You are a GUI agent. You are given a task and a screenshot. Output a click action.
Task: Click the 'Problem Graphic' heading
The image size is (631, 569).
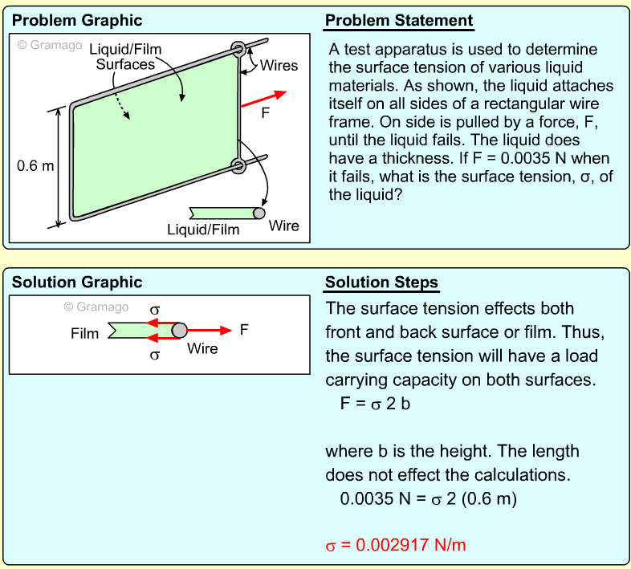pyautogui.click(x=77, y=20)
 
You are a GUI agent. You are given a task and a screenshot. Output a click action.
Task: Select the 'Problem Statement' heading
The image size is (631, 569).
pyautogui.click(x=399, y=20)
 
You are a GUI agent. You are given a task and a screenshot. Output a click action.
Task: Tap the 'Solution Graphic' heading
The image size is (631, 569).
pyautogui.click(x=77, y=282)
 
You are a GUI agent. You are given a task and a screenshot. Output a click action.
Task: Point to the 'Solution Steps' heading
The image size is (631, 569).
pyautogui.click(x=381, y=282)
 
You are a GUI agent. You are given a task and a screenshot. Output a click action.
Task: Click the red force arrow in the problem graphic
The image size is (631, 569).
pyautogui.click(x=263, y=99)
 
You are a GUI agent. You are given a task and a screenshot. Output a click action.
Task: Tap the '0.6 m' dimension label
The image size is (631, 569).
pyautogui.click(x=36, y=166)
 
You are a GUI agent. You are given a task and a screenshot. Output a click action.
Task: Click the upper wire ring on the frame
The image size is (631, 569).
pyautogui.click(x=239, y=50)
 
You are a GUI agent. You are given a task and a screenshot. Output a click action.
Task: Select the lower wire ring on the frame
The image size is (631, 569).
pyautogui.click(x=238, y=165)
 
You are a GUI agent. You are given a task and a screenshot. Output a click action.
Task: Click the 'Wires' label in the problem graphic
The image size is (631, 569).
pyautogui.click(x=279, y=66)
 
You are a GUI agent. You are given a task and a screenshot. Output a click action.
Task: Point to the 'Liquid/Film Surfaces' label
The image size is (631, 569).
pyautogui.click(x=125, y=57)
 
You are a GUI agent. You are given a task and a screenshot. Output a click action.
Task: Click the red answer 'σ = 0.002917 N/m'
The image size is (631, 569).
pyautogui.click(x=395, y=545)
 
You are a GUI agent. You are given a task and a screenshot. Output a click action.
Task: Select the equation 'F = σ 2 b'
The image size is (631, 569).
pyautogui.click(x=375, y=404)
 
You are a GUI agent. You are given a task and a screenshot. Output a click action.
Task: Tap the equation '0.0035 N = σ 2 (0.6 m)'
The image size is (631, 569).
pyautogui.click(x=428, y=498)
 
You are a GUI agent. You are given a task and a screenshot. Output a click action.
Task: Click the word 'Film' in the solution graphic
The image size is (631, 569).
pyautogui.click(x=84, y=333)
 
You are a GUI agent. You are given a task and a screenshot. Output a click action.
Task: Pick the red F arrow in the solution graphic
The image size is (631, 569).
pyautogui.click(x=210, y=329)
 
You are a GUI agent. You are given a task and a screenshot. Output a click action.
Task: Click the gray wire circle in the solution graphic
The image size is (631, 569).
pyautogui.click(x=180, y=330)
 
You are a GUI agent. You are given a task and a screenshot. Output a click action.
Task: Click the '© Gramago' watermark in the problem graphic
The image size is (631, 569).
pyautogui.click(x=50, y=45)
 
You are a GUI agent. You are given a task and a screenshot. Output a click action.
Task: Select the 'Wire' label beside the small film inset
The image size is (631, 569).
pyautogui.click(x=283, y=226)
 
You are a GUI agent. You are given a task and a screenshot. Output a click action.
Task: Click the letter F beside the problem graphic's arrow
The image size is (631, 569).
pyautogui.click(x=266, y=114)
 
